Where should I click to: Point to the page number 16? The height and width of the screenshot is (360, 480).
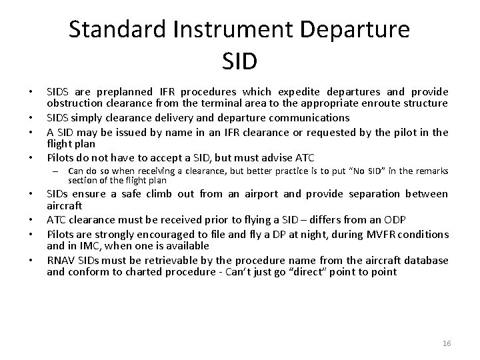click(447, 343)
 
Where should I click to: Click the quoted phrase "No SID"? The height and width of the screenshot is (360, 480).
click(345, 171)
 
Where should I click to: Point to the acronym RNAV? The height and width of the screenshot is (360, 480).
click(60, 259)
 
